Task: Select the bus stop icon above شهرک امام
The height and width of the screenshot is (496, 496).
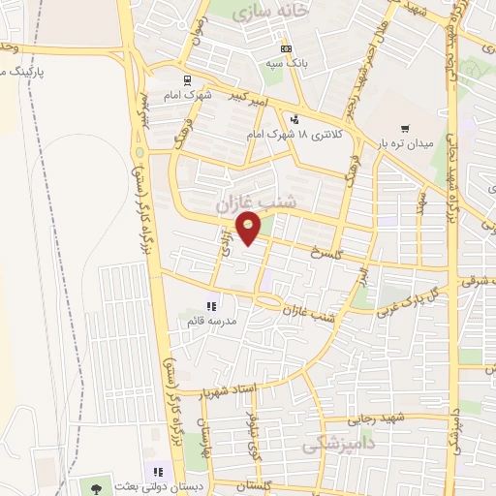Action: point(186,81)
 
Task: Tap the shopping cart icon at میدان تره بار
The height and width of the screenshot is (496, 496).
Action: point(404,128)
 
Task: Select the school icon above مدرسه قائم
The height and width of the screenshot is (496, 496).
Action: point(211,307)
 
